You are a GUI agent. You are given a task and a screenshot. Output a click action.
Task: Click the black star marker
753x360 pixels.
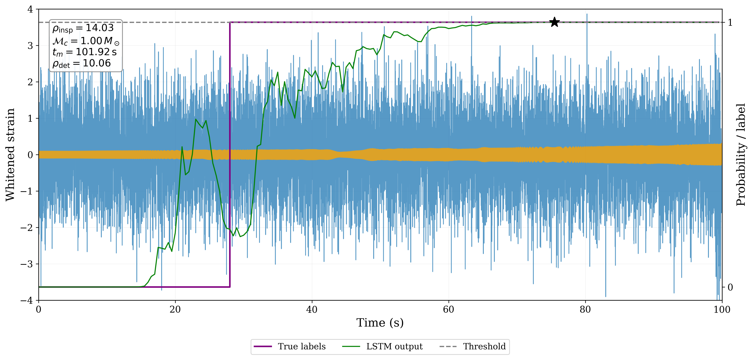(555, 22)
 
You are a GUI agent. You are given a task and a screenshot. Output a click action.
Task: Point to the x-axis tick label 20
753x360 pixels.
(175, 309)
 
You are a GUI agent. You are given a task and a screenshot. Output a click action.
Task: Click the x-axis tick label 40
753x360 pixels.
(312, 309)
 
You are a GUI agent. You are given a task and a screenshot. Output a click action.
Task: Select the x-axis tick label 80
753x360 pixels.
(585, 309)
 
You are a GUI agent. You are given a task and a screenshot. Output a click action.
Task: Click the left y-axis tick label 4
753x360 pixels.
(30, 9)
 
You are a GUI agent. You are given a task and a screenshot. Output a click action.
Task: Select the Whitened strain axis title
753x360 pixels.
(10, 155)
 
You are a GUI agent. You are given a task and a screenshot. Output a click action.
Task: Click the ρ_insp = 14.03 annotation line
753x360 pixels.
(83, 28)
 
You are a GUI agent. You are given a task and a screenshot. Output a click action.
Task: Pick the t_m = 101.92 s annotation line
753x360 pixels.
(85, 52)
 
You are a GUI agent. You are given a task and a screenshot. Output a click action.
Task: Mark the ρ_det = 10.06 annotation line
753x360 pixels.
(82, 63)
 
